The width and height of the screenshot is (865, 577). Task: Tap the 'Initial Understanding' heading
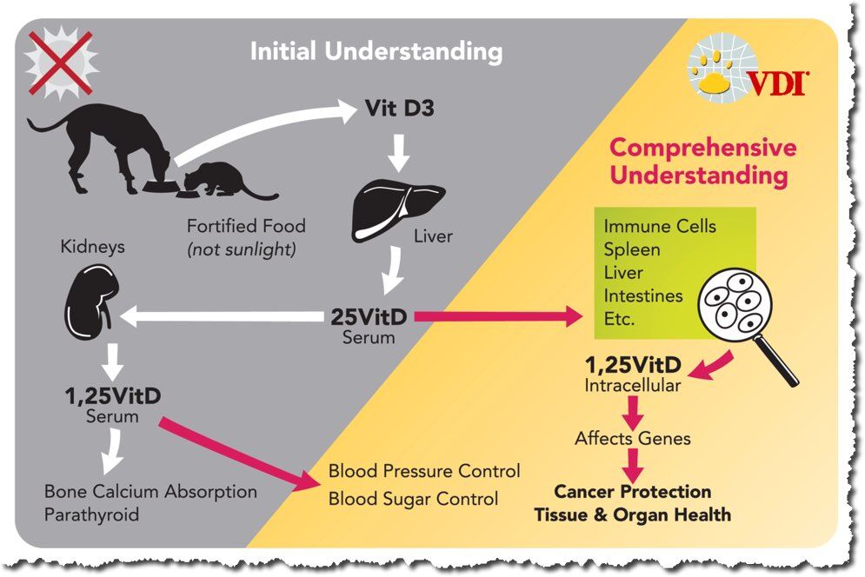point(376,51)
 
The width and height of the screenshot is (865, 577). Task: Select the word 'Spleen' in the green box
point(632,249)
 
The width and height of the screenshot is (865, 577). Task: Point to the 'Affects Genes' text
point(632,439)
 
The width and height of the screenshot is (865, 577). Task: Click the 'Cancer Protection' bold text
point(632,492)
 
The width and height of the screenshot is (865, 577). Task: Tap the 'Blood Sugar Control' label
point(413,499)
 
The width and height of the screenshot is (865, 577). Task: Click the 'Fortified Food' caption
point(246,226)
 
